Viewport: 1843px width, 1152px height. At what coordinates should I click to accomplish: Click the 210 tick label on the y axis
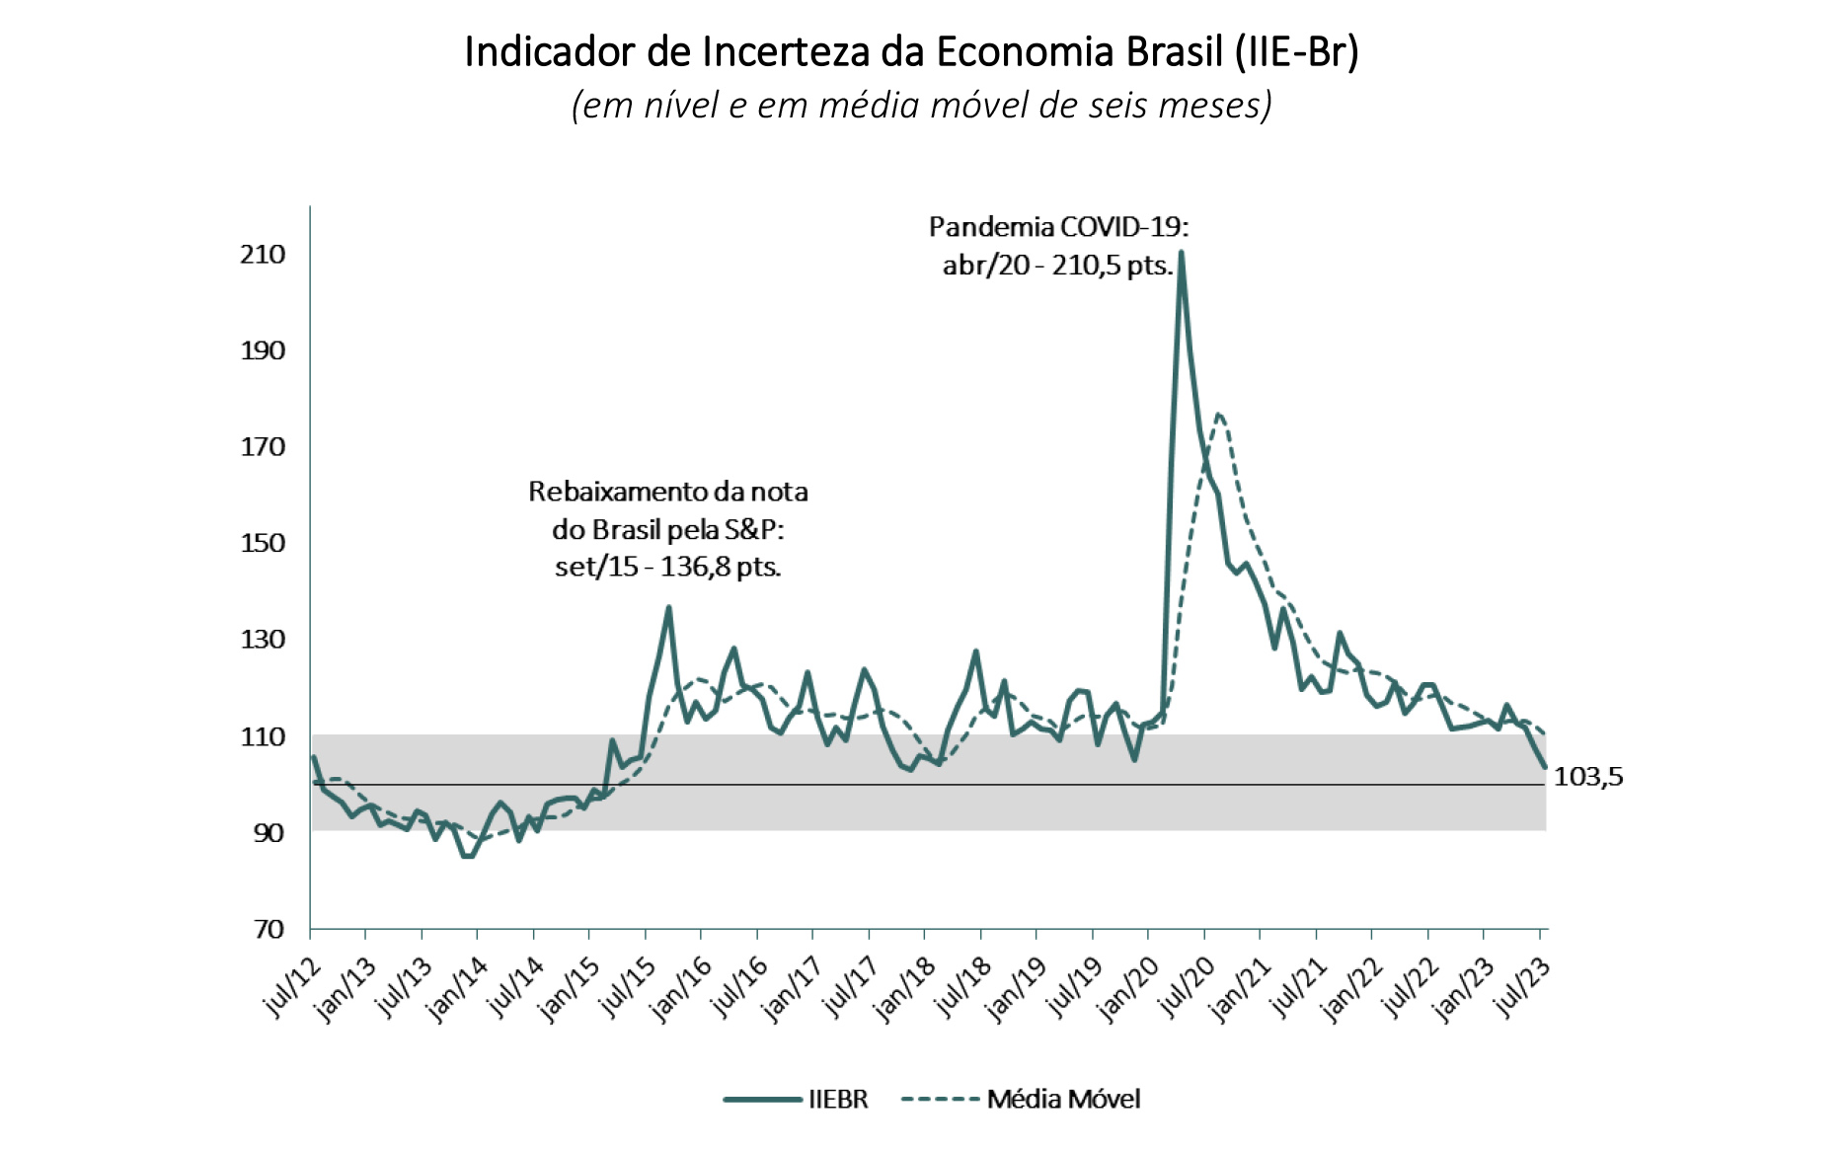[x=263, y=255]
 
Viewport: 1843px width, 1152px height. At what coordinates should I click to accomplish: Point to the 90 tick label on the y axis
[x=269, y=833]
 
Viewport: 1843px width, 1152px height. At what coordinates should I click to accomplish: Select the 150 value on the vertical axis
[x=263, y=543]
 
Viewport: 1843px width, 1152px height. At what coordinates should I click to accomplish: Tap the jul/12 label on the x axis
[x=293, y=988]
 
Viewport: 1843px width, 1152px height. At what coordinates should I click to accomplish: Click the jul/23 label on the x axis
[x=1523, y=988]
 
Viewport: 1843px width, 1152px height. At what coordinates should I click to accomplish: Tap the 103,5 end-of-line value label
[x=1588, y=778]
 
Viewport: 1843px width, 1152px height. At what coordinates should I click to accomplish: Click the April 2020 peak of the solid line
[x=1181, y=253]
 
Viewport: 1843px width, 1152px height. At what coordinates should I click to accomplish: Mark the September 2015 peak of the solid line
[x=668, y=607]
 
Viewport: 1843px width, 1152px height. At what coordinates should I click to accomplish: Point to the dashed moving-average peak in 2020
[x=1219, y=414]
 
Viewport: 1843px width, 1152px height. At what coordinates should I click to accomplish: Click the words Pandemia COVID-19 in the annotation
[x=1058, y=227]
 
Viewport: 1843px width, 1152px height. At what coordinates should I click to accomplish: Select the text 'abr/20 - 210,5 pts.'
[x=1058, y=266]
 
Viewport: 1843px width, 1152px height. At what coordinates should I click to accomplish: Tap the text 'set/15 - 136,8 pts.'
[x=668, y=568]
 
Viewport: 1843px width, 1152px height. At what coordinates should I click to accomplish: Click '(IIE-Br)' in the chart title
[x=1297, y=51]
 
